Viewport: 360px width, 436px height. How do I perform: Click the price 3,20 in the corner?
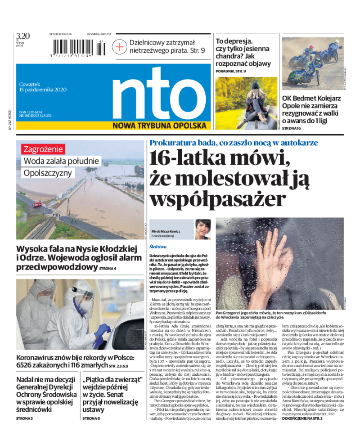coord(22,36)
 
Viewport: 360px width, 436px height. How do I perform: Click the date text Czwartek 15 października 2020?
coord(43,86)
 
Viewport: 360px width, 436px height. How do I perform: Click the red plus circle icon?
coord(120,46)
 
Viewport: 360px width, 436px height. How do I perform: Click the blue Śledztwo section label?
coord(158,247)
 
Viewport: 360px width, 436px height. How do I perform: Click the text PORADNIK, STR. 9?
coord(231,71)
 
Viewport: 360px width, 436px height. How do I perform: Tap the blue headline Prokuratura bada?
coord(234,143)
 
